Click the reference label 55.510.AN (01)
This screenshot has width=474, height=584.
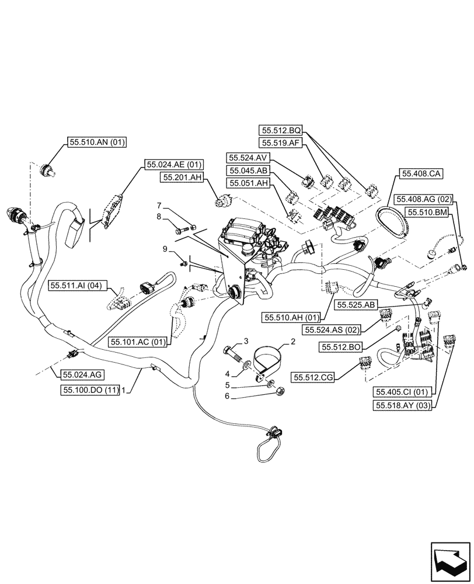pos(97,142)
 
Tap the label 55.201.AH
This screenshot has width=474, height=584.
pos(182,177)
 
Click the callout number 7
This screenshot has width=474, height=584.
pos(158,206)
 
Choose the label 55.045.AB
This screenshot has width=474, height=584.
pos(248,171)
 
